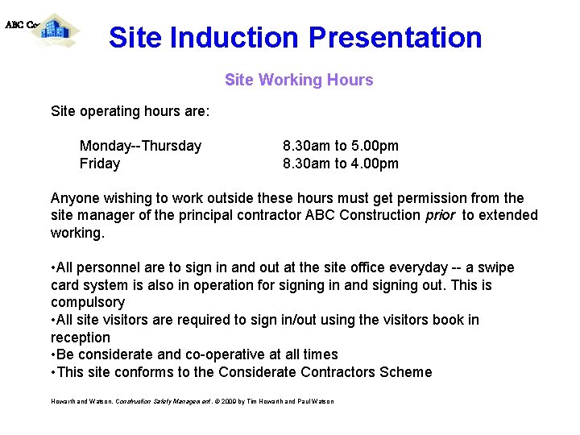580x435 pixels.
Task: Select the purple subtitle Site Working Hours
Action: click(299, 80)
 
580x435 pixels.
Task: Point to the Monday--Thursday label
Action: click(140, 146)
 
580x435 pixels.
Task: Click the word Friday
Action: click(100, 164)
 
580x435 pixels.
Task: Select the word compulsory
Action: click(88, 303)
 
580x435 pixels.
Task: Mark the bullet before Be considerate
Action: click(53, 354)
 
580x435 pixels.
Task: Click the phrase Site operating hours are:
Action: click(130, 111)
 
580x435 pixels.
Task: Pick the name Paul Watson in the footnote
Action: click(314, 401)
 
